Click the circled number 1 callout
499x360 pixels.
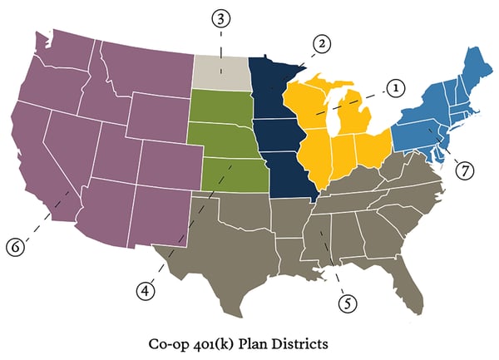point(393,86)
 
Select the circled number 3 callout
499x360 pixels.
point(220,19)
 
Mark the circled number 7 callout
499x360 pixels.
point(464,170)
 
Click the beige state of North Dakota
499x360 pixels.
point(223,73)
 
